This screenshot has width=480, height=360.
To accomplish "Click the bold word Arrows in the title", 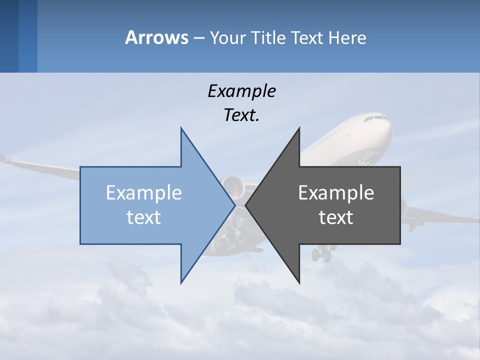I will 156,37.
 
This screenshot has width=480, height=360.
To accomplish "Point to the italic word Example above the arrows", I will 241,91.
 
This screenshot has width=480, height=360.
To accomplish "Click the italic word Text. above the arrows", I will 241,115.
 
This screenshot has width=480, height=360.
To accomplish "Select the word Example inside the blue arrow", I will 144,192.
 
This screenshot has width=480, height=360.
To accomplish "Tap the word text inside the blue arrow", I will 144,217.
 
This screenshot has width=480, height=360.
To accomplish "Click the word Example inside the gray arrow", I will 336,192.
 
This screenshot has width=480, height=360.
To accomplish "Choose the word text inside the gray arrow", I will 336,217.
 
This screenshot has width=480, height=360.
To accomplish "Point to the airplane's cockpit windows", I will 375,119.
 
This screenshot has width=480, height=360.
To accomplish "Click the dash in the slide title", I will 198,37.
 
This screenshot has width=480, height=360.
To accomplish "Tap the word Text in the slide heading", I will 307,37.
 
